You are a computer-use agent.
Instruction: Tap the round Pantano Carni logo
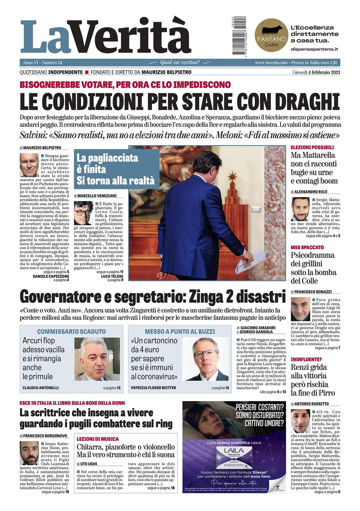(x=271, y=35)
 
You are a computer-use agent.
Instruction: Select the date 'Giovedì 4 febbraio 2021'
(x=316, y=72)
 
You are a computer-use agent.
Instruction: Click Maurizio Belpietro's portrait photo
(x=29, y=165)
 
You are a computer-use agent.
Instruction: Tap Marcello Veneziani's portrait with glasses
(x=83, y=213)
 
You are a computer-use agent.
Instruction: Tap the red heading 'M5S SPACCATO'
(x=307, y=248)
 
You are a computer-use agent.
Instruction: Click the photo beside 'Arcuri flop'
(x=97, y=359)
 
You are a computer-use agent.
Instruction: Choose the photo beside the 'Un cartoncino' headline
(x=205, y=359)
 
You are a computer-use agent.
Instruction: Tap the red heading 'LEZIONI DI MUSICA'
(x=98, y=439)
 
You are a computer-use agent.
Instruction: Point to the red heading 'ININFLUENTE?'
(x=306, y=359)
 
